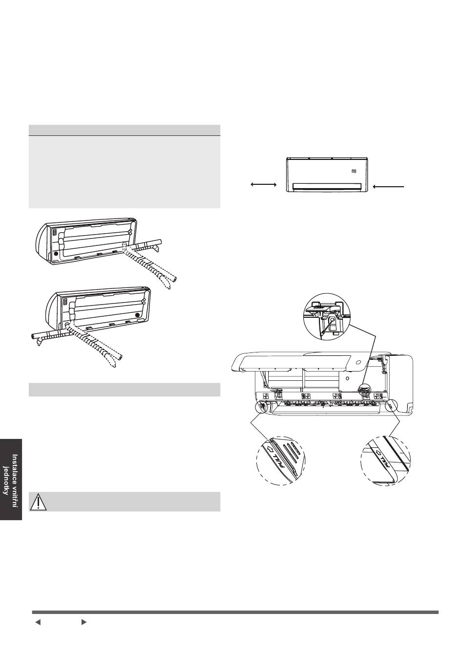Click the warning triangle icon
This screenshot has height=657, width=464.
point(38,502)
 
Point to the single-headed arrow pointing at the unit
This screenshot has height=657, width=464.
point(389,186)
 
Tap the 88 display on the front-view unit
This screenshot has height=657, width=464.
point(353,171)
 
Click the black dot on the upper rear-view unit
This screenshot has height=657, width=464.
point(55,254)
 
